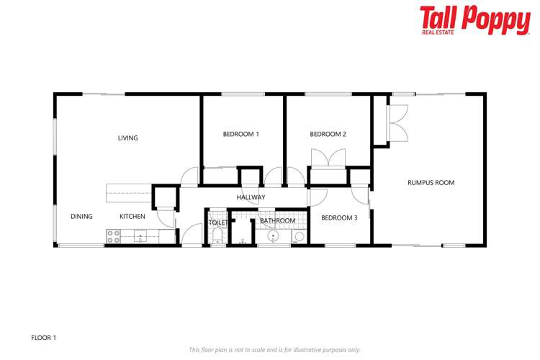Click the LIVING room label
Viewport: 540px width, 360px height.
128,138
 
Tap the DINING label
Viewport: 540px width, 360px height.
81,217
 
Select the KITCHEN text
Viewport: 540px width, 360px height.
132,217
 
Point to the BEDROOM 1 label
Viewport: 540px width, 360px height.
240,134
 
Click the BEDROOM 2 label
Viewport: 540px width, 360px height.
328,134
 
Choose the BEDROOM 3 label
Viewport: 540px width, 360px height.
339,218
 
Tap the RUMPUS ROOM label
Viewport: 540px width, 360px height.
431,183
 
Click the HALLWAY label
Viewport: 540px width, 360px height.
251,197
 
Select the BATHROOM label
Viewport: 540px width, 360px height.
278,221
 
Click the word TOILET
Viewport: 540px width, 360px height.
218,223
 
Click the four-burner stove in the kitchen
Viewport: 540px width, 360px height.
114,235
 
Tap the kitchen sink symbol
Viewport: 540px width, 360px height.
140,235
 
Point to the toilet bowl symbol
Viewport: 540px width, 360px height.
217,235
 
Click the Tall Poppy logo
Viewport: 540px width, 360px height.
474,20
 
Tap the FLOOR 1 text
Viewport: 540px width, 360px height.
44,336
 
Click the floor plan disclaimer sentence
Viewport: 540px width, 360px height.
274,350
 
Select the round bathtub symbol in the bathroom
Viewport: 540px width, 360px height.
273,236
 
